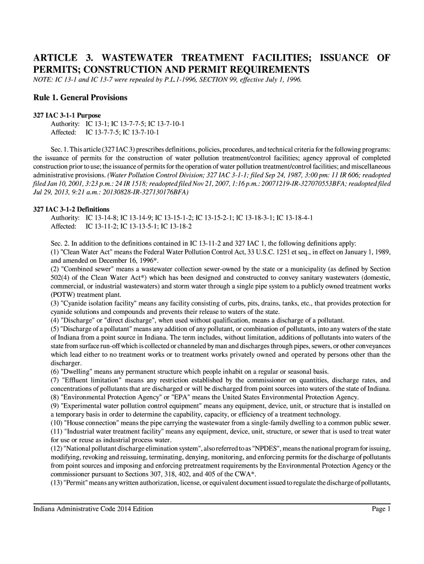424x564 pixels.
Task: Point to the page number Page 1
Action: (x=381, y=508)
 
